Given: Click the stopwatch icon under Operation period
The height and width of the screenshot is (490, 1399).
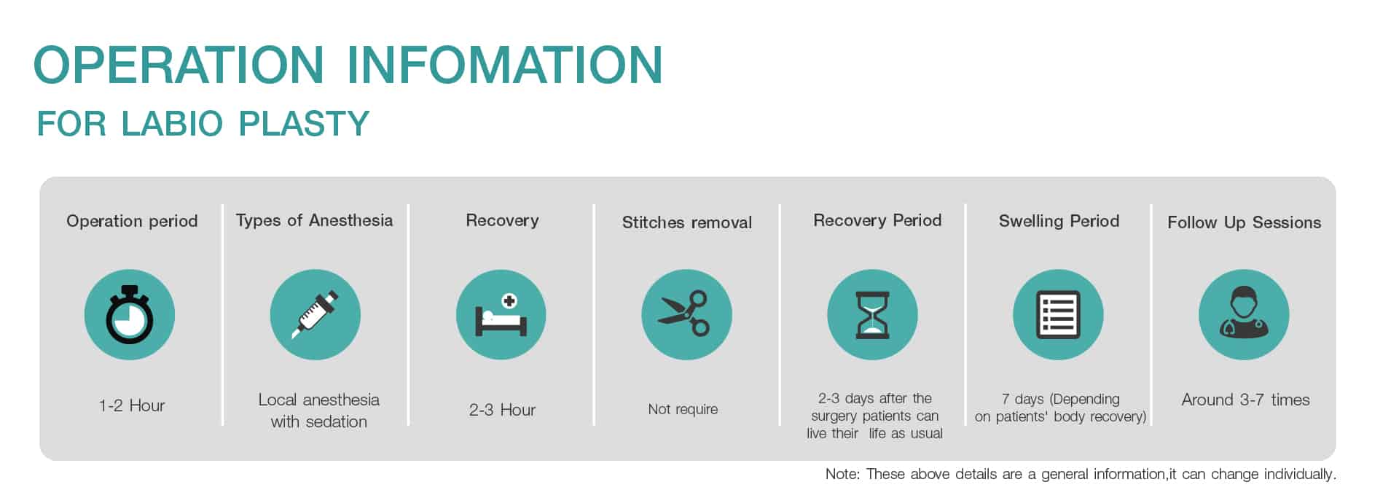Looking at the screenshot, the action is pos(130,315).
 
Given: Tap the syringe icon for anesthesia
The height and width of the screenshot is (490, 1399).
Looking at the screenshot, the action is pos(316,315).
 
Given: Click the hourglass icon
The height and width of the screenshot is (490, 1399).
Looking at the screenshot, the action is pos(872,315).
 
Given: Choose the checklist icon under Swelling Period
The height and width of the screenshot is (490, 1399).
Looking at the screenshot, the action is pos(1058,315).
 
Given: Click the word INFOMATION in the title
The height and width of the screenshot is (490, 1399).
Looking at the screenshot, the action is pos(505,65).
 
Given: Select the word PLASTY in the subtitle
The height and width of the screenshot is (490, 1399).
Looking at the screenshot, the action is pos(305,124).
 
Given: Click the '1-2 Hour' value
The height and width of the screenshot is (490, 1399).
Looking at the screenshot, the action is pos(132,405).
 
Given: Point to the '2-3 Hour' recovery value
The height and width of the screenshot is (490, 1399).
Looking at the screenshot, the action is pos(502,410).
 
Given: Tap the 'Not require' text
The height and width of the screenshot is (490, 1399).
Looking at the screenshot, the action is pos(683,410).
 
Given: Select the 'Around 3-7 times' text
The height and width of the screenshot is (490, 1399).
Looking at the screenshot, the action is pos(1245,400).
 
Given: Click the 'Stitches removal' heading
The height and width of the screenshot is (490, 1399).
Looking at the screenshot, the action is pos(687,222).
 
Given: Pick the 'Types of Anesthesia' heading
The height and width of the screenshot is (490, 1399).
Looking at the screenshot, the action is pos(314,221).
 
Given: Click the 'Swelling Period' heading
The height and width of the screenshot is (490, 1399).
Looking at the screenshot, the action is pos(1059,221).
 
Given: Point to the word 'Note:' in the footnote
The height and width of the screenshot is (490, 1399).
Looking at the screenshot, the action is pos(842,474).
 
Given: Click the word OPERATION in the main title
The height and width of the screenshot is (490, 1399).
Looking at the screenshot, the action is pos(179,65).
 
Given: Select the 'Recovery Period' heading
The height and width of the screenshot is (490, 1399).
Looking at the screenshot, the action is pos(877,220).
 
